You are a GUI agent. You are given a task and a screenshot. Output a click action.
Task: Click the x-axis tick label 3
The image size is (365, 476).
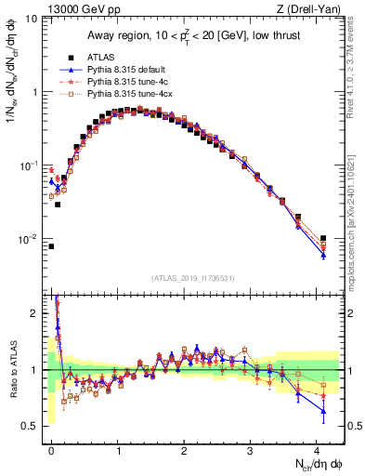click(251, 451)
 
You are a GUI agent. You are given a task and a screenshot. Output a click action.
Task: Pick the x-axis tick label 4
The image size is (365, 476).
click(317, 451)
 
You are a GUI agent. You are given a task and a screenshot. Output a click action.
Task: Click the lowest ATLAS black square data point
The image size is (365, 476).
click(51, 246)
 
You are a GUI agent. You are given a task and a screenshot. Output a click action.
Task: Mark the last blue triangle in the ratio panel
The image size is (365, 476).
click(323, 411)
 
